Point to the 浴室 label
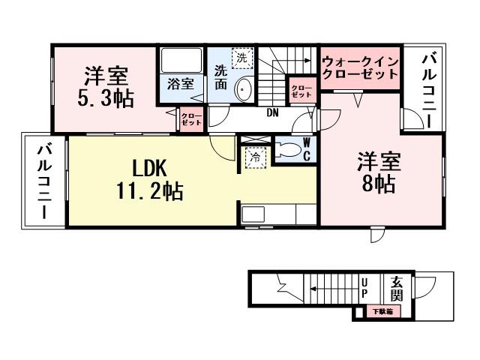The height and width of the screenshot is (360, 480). coord(179,84)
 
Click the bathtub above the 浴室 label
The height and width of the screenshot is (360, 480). coord(181,61)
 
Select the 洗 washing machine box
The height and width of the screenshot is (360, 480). coord(241,58)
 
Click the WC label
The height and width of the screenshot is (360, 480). coord(307,148)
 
